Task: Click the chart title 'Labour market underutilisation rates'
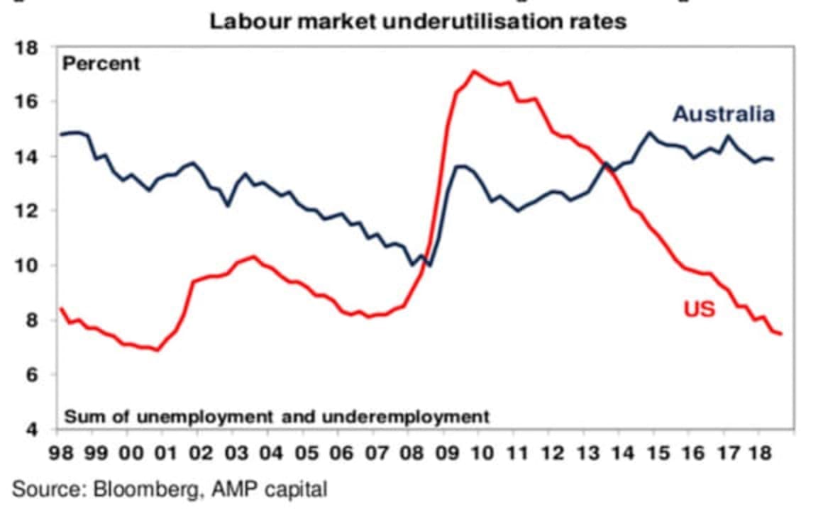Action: (x=418, y=21)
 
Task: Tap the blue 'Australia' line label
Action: (x=723, y=114)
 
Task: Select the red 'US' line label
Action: (x=699, y=309)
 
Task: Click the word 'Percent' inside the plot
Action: (x=101, y=64)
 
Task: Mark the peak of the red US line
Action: (x=475, y=71)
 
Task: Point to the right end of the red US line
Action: (x=781, y=334)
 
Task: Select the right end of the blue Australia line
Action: (x=773, y=160)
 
